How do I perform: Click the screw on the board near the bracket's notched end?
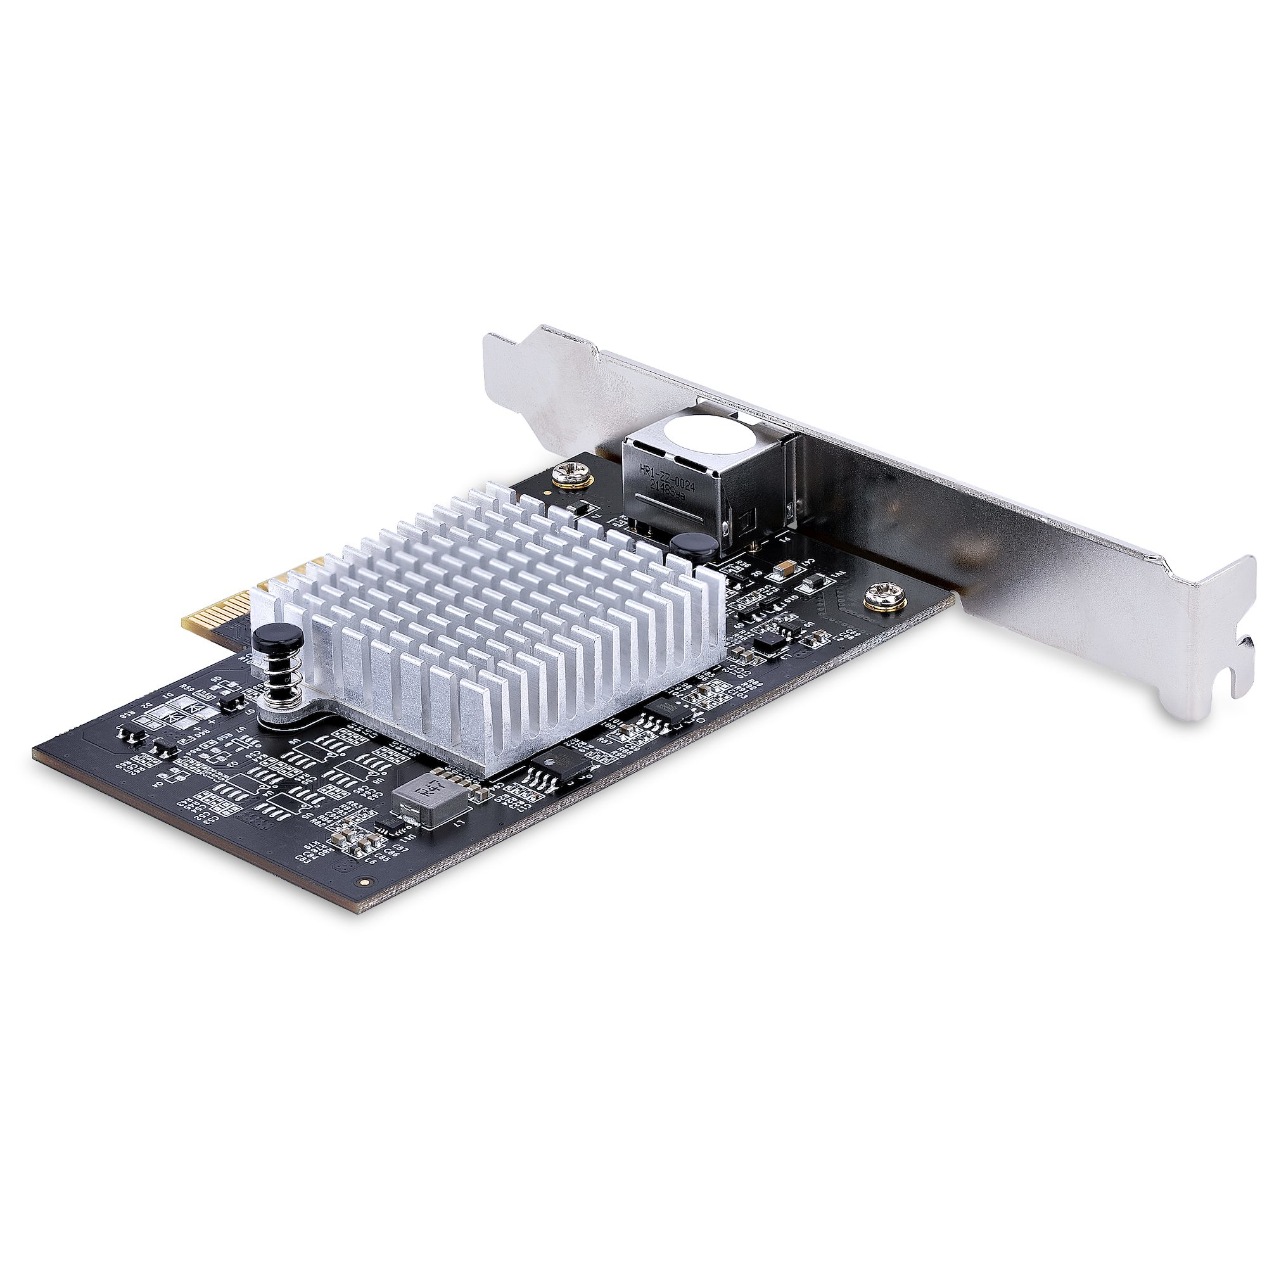point(880,597)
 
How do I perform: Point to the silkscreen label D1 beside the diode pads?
point(169,696)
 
